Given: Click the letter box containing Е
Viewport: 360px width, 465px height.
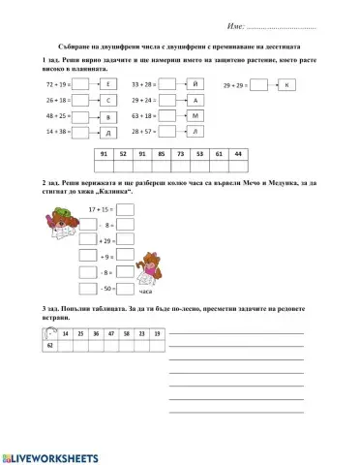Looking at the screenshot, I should (108, 85).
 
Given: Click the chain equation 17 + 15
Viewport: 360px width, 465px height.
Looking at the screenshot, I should (101, 209).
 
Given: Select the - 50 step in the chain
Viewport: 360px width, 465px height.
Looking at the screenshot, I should (106, 288).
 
